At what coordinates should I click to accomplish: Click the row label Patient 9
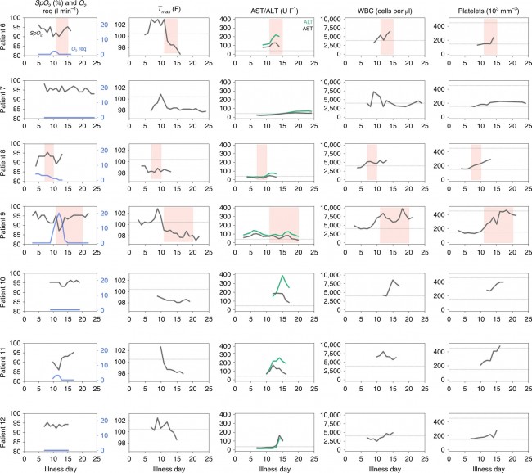coord(6,227)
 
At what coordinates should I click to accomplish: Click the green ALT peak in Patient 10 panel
coord(283,277)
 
